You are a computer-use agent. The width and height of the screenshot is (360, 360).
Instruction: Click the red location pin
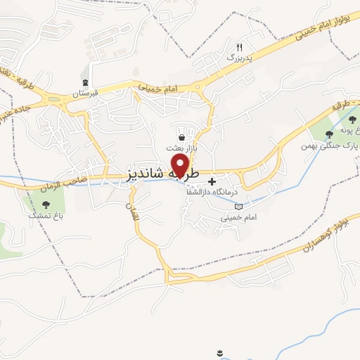click(181, 165)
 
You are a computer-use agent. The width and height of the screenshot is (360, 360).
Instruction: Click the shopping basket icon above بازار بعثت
click(183, 137)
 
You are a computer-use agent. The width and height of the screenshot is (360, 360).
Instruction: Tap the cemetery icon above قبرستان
click(86, 82)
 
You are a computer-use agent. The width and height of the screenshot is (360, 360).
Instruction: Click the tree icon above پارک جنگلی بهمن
click(330, 135)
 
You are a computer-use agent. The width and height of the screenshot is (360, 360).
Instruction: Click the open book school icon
click(238, 207)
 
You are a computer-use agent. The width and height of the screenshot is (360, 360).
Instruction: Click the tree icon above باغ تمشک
click(46, 205)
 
